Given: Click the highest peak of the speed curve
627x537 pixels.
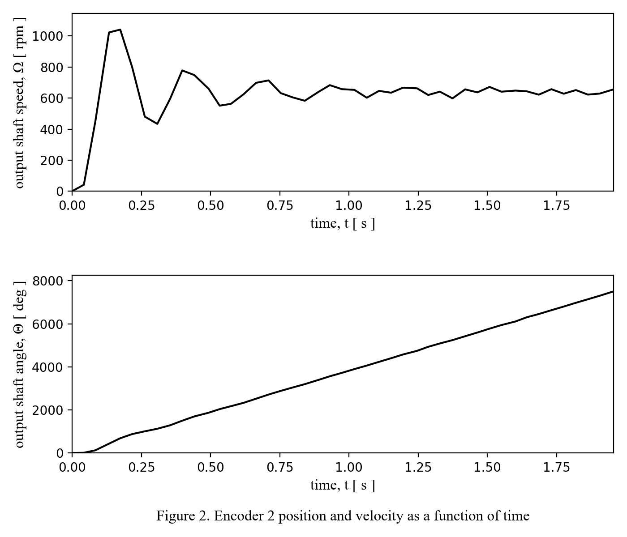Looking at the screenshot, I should pyautogui.click(x=120, y=30).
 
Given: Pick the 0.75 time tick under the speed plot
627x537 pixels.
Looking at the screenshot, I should pyautogui.click(x=280, y=205).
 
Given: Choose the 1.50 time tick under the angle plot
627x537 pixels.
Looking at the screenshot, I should pyautogui.click(x=487, y=467).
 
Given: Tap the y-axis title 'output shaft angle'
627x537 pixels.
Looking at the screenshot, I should pyautogui.click(x=20, y=364).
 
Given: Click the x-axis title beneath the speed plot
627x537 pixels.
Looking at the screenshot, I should pyautogui.click(x=343, y=223).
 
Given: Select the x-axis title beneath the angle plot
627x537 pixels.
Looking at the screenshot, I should pyautogui.click(x=343, y=485).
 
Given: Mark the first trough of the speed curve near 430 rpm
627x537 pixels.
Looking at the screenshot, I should pyautogui.click(x=157, y=124).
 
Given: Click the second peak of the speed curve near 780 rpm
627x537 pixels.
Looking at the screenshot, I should pyautogui.click(x=182, y=70).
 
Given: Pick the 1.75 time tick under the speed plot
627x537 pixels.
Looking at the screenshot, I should pyautogui.click(x=557, y=205).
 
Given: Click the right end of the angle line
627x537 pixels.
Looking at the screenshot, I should pyautogui.click(x=613, y=291).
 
